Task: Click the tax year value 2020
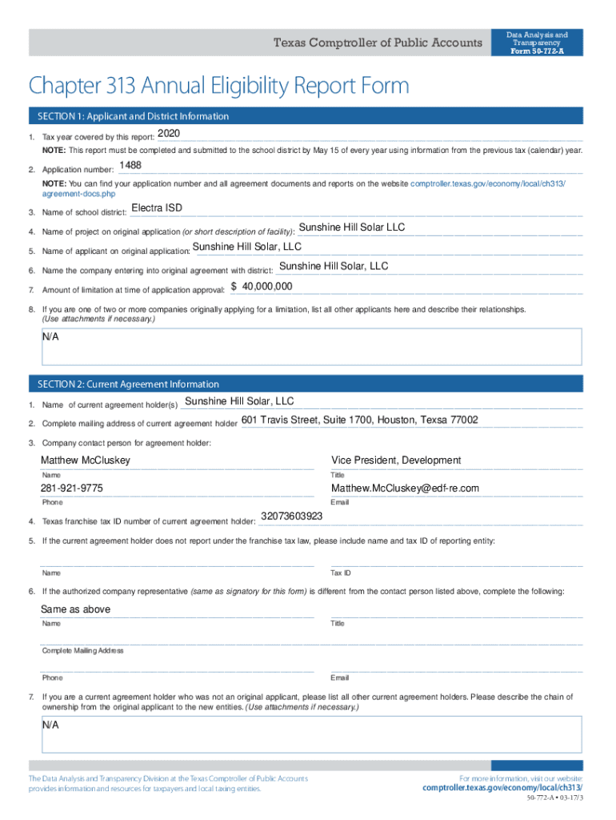tap(170, 133)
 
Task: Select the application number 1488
tap(130, 166)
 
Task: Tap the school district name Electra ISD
tap(157, 208)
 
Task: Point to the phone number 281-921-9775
tap(72, 488)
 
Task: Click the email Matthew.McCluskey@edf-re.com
tap(405, 488)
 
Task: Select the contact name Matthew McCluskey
tap(86, 460)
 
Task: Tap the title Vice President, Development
tap(396, 460)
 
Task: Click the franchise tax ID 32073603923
tap(292, 517)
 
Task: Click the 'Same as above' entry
tap(76, 609)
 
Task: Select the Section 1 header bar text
tap(131, 117)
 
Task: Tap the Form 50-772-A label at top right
tap(537, 52)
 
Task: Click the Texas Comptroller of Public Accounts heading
tap(378, 43)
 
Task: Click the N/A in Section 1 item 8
tap(50, 337)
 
